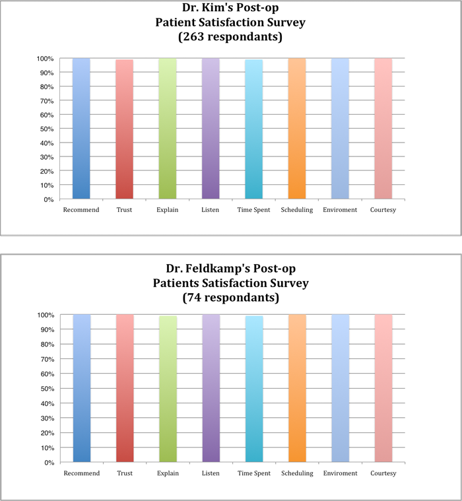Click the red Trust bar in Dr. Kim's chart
point(124,129)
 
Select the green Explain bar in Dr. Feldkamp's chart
point(168,389)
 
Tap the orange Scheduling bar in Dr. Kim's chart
point(297,129)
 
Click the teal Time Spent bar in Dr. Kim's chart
point(254,129)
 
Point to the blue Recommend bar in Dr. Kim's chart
point(81,129)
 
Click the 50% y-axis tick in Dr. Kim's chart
point(46,129)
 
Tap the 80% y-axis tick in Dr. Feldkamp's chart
point(46,345)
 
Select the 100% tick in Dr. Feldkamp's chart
point(44,315)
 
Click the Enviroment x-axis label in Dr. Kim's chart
point(340,210)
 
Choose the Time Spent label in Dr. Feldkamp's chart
point(254,473)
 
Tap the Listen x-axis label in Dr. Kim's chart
point(211,210)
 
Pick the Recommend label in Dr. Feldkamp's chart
point(81,473)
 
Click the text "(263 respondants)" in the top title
point(230,37)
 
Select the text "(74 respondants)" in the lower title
point(230,298)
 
